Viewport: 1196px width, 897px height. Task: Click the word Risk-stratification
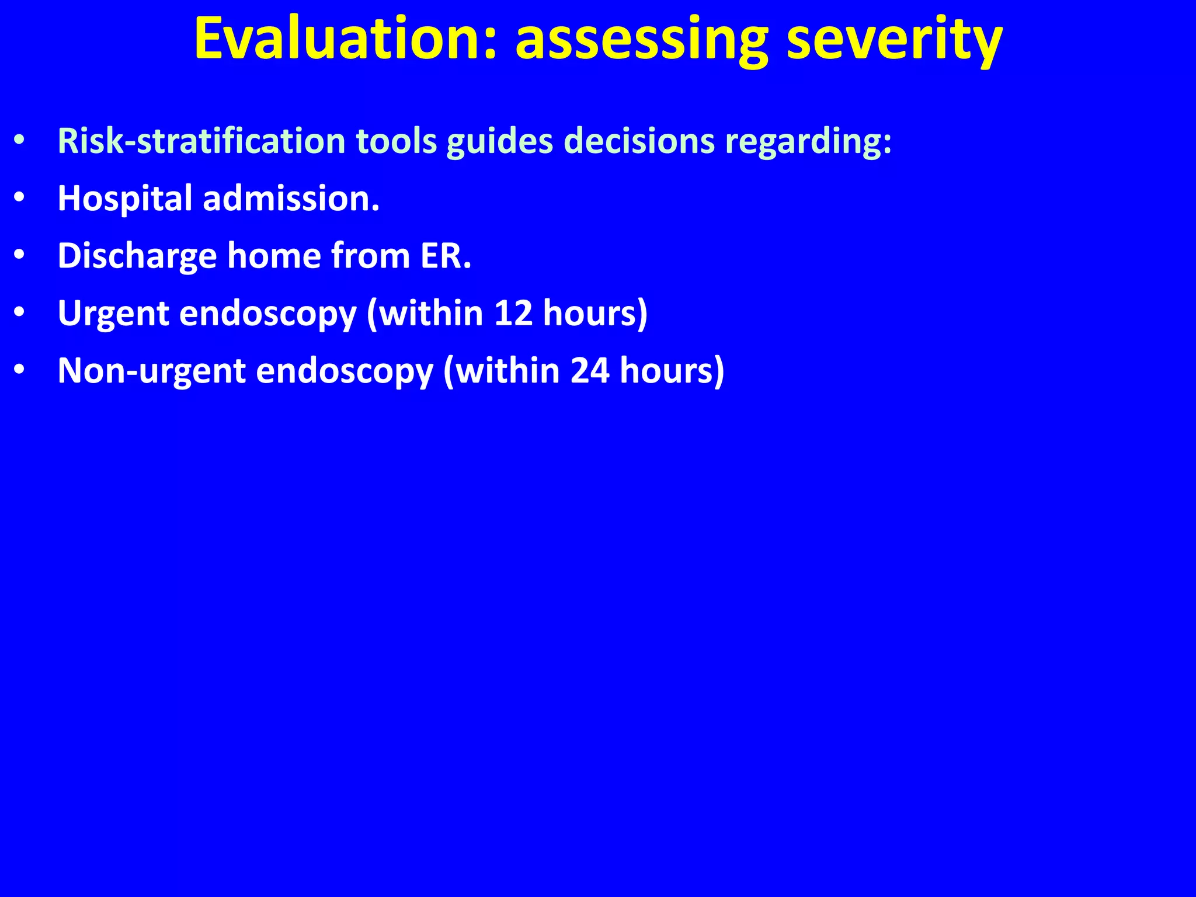coord(201,141)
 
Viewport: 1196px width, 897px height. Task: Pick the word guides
coord(500,141)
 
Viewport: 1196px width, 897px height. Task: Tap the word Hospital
coord(125,199)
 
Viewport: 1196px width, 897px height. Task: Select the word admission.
coord(291,199)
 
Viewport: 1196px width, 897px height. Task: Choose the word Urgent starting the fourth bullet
coord(113,314)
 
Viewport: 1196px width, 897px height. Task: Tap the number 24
coord(590,371)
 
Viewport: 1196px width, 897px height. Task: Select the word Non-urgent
coord(151,371)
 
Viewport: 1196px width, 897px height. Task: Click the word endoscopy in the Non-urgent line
coord(345,371)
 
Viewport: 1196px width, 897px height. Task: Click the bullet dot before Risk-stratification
coord(19,142)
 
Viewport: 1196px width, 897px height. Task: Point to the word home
coord(274,256)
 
